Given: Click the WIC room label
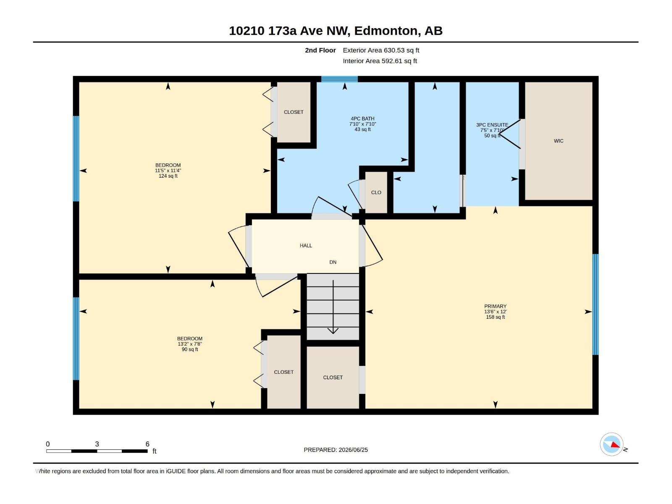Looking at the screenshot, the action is (559, 141).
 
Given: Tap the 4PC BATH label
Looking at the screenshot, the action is (362, 119).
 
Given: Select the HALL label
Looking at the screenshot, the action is (306, 245).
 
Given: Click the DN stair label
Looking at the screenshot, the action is (333, 262).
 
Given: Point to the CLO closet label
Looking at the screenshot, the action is (376, 192).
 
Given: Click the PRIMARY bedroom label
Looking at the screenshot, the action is (495, 306).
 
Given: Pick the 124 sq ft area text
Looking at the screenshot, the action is (168, 176).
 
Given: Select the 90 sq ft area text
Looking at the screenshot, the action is (190, 349).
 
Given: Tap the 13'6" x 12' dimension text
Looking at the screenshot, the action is (495, 312).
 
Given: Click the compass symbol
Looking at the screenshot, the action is (612, 445).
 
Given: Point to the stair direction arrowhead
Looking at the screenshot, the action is (333, 331).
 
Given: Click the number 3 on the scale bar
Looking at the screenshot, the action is (97, 444).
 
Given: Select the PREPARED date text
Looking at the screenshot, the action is (336, 450).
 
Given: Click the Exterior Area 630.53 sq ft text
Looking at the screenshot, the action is (381, 50).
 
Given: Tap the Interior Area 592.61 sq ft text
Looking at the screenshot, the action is (380, 61).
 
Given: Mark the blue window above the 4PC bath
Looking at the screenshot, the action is (339, 79).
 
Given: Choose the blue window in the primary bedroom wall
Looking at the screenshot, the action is (596, 304).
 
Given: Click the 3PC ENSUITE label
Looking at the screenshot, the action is (492, 125).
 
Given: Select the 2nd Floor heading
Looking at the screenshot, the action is (320, 50).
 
